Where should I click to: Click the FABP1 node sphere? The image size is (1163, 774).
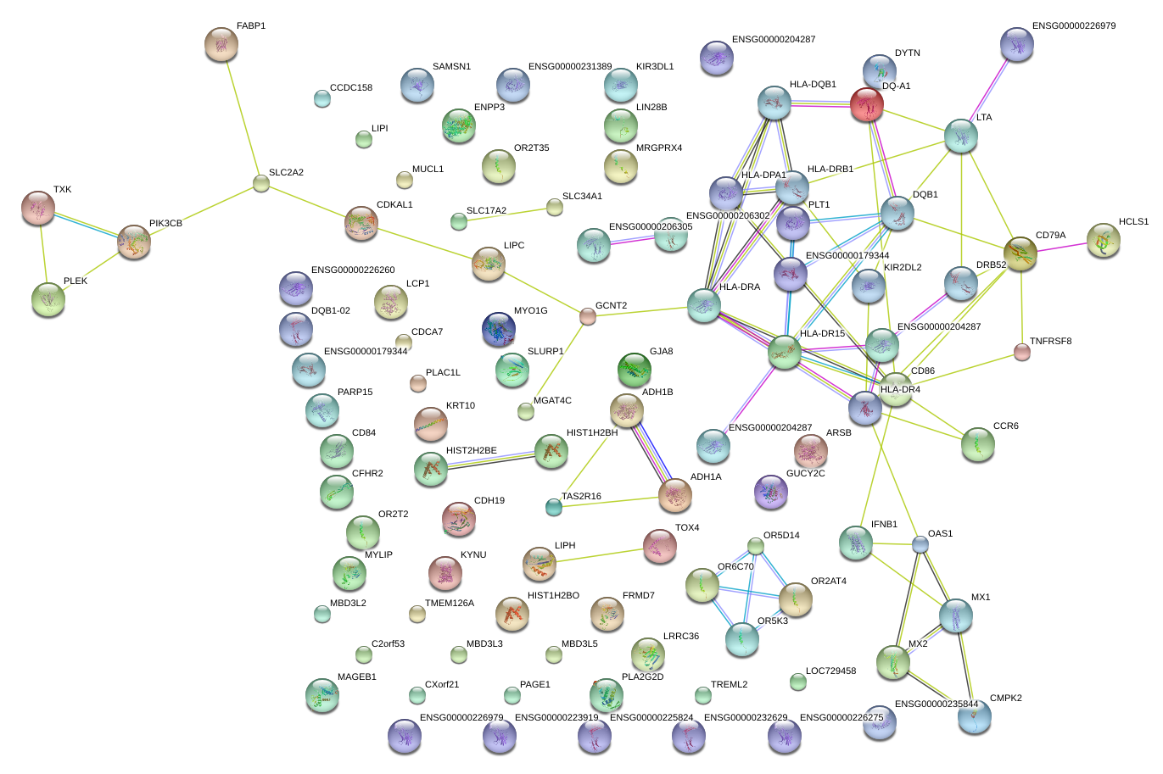pos(221,45)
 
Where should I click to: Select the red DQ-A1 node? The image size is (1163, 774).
pos(867,105)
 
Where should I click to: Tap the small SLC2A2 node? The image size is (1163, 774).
pos(261,183)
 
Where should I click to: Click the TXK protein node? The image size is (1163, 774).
pos(38,208)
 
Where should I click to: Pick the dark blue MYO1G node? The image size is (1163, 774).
pos(499,330)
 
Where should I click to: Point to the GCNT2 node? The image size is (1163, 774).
pos(587,316)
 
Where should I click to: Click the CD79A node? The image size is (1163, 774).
pos(1020,253)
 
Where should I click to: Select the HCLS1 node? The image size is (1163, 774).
pos(1104,240)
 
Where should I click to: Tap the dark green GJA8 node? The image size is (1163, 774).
pos(635,370)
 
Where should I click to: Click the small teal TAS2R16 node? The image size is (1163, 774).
pos(554,507)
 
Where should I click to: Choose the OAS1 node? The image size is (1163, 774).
pos(920,544)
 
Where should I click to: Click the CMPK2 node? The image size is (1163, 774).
pos(975,716)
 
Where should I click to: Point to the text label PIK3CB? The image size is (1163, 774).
pos(165,223)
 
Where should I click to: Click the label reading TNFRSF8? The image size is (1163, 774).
pos(1051,341)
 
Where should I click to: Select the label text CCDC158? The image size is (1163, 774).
pos(351,87)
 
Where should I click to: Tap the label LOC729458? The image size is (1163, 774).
pos(830,671)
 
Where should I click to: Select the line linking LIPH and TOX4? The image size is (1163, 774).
pos(600,555)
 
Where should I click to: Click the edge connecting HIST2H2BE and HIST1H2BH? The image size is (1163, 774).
pos(490,461)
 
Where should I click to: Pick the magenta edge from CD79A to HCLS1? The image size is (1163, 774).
pos(1062,247)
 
